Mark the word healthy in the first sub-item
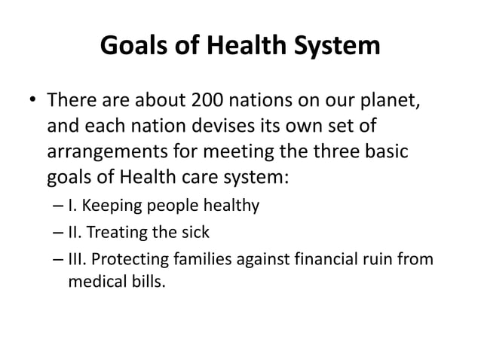pyautogui.click(x=231, y=204)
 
